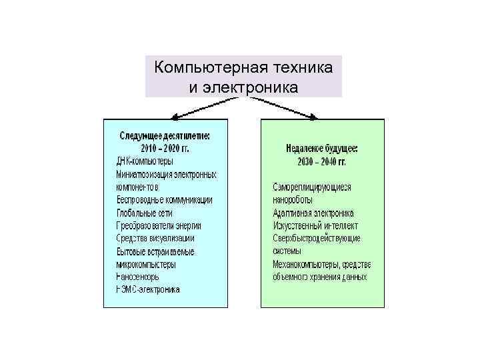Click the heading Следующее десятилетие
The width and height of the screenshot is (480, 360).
click(x=164, y=135)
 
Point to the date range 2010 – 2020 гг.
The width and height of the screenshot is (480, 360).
click(x=164, y=148)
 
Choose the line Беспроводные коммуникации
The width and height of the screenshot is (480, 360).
click(x=164, y=199)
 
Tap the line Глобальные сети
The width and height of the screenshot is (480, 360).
click(x=144, y=213)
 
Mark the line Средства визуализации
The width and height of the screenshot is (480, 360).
click(x=155, y=238)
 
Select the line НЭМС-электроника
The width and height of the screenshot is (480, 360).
click(x=147, y=289)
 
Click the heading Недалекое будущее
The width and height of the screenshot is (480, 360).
click(x=321, y=149)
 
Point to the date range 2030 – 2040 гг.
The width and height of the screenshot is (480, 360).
click(x=321, y=161)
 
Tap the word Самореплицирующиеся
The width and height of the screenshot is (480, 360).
click(x=312, y=187)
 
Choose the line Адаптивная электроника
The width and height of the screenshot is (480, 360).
click(x=313, y=213)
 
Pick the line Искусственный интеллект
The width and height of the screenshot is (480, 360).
click(x=313, y=225)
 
